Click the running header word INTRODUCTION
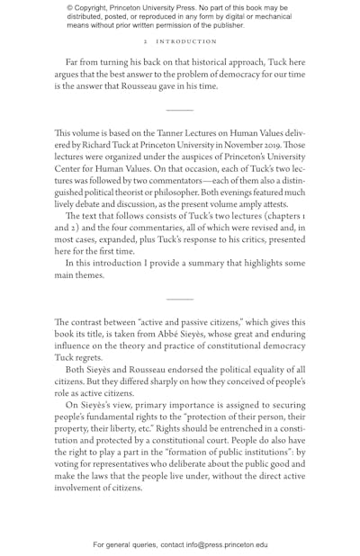[x=187, y=41]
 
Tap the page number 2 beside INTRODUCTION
[x=145, y=41]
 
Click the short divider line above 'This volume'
[x=180, y=110]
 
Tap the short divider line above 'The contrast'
[x=180, y=299]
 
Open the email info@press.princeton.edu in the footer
[x=227, y=544]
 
